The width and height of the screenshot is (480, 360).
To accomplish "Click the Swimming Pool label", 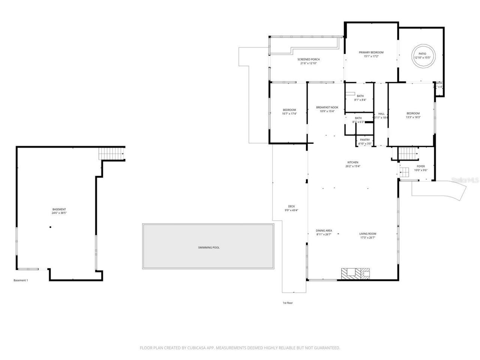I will [x=209, y=247].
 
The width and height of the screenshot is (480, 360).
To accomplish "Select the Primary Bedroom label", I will [x=371, y=52].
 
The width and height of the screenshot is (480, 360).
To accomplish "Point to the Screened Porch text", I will [x=308, y=59].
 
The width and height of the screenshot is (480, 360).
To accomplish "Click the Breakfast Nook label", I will [x=327, y=107].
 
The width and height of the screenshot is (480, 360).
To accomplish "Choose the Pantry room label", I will [x=364, y=140].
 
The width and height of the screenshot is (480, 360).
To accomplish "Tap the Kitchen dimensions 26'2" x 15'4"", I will [x=352, y=166].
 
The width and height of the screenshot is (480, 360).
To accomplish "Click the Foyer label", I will [x=420, y=166].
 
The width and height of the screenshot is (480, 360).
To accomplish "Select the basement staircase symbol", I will [x=112, y=154].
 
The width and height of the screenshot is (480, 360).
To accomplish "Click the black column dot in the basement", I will [x=50, y=227].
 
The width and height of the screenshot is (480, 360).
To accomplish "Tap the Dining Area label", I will [x=324, y=231].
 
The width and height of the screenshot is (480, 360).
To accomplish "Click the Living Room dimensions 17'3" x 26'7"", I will [x=367, y=237].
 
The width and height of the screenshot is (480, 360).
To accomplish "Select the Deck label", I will [x=291, y=206].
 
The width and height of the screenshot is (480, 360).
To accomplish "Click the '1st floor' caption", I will [x=287, y=303].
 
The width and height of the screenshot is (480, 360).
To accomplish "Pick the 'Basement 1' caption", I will [x=21, y=280].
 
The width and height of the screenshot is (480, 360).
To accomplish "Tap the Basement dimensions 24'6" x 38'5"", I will [x=59, y=213].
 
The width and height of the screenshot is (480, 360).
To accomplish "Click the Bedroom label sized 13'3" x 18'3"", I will [x=413, y=113].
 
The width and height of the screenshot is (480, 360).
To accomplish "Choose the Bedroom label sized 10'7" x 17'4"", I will [x=289, y=110].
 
